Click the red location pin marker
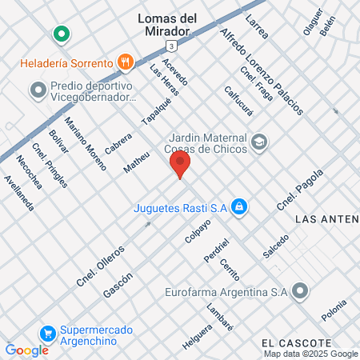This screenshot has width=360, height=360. point(180,165)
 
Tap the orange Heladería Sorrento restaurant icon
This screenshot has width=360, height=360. point(124,61)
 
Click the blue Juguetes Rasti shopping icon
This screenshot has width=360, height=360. point(238,208)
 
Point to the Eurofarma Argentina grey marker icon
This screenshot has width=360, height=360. point(300,291)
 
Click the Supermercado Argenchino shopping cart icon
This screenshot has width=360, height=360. point(48,334)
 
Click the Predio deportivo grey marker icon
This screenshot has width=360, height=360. point(38,90)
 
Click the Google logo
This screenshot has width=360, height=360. point(26,350)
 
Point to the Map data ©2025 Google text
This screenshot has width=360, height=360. point(311,354)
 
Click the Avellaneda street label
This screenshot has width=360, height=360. point(19,193)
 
